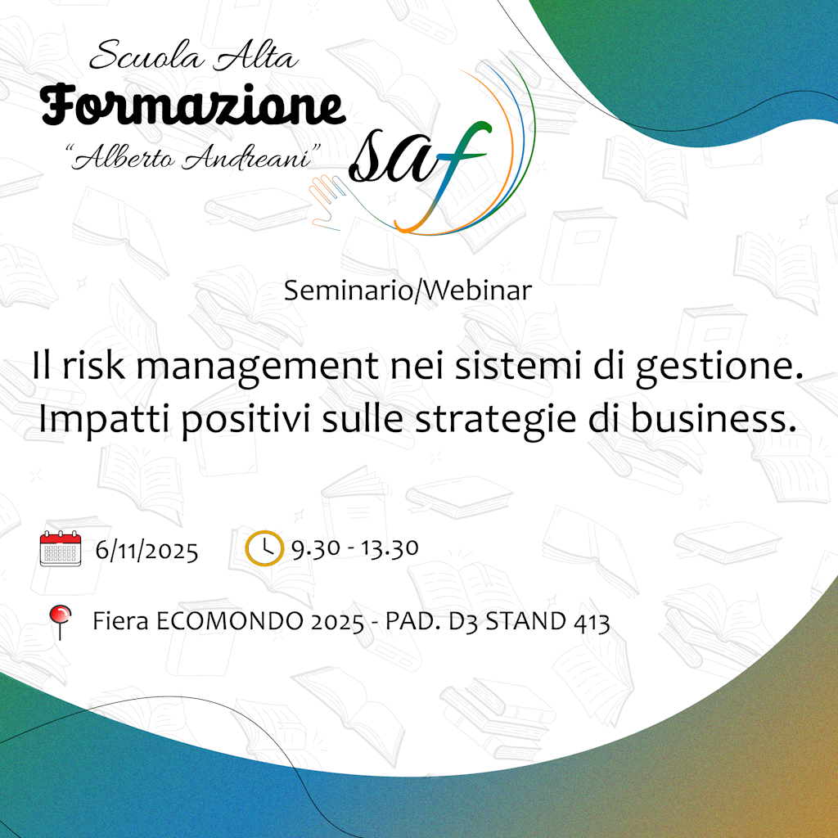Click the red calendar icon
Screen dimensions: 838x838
[x=61, y=548]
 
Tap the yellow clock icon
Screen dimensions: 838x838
[x=264, y=548]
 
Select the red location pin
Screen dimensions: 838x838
[x=60, y=622]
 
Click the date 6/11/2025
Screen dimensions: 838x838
[x=147, y=550]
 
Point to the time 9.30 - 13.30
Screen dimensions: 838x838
[x=355, y=547]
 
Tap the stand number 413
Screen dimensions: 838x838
[x=592, y=622]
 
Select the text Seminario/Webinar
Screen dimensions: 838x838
[x=408, y=291]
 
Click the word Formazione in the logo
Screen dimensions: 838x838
[x=192, y=105]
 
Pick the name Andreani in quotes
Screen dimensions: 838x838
[x=246, y=157]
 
